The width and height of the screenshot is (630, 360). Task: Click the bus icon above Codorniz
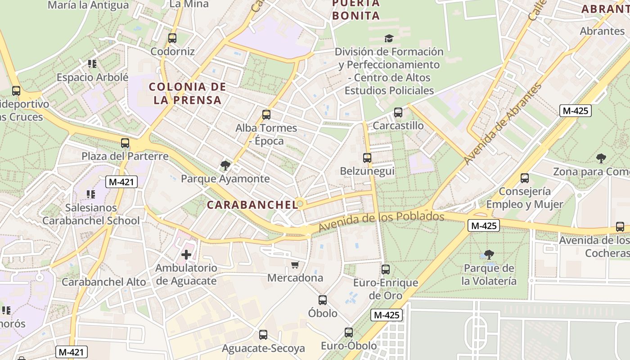click(172, 38)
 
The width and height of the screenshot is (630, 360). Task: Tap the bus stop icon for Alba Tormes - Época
click(266, 114)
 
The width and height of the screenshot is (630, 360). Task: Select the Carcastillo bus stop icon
click(398, 112)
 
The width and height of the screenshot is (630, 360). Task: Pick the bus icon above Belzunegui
click(367, 158)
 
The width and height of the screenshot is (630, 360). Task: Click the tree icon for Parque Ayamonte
click(225, 166)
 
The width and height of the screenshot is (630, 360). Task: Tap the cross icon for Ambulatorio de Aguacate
click(186, 255)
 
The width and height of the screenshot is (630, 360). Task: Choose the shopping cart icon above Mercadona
click(295, 265)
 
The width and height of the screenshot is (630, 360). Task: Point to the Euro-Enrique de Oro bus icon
click(386, 270)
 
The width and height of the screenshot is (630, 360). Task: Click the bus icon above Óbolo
click(323, 300)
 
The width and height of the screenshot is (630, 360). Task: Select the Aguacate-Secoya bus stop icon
click(263, 335)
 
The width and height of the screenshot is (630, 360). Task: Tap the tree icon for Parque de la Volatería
click(489, 255)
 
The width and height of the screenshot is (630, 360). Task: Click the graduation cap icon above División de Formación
click(389, 39)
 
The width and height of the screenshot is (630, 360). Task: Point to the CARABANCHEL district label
click(252, 205)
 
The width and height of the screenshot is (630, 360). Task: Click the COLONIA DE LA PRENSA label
click(187, 93)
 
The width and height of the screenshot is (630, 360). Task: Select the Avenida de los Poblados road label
click(381, 222)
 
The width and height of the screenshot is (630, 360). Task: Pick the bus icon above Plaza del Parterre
click(125, 143)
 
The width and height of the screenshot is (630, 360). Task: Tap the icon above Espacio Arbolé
click(92, 64)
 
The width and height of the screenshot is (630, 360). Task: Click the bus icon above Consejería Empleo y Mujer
click(525, 178)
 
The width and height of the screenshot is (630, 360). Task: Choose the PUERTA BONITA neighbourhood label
click(356, 9)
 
